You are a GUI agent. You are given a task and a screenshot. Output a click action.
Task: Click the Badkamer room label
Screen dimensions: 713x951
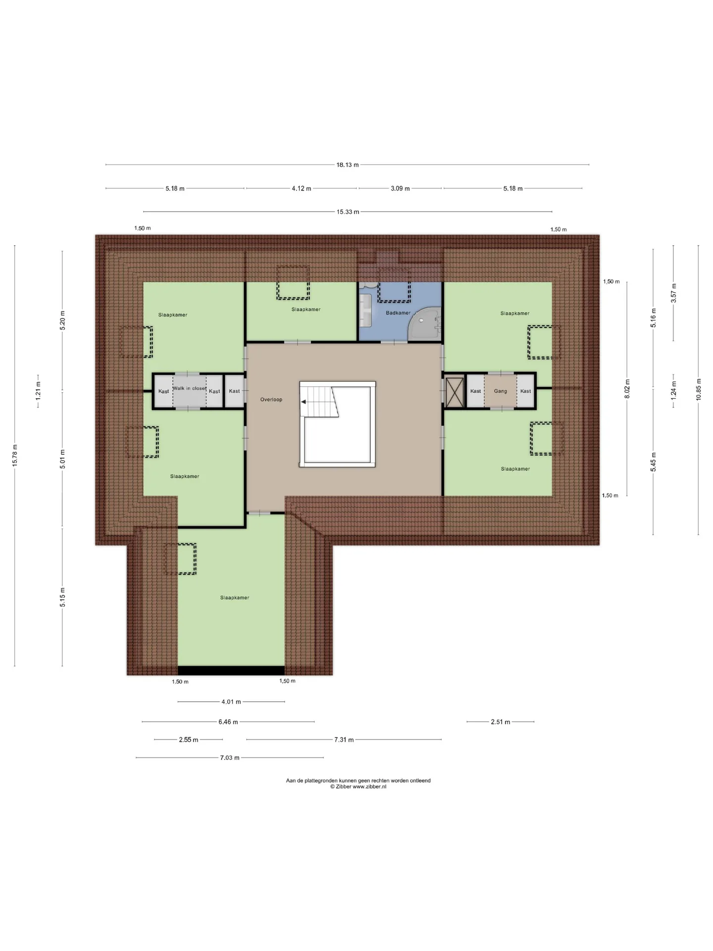click(x=398, y=313)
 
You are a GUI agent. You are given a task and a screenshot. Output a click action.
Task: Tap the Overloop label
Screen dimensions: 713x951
click(x=271, y=399)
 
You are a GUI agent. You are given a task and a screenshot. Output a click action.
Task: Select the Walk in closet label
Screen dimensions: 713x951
click(x=189, y=388)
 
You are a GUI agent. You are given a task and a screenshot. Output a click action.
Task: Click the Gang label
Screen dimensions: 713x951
click(x=500, y=391)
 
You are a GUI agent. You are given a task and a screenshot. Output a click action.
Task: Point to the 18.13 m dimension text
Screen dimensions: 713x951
click(x=348, y=164)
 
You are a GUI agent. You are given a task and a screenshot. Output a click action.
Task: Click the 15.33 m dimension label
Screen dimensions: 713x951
click(x=348, y=212)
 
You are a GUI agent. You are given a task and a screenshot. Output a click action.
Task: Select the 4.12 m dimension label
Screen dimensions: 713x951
click(x=302, y=189)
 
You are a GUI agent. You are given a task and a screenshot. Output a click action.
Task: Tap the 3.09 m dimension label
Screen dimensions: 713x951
click(x=400, y=189)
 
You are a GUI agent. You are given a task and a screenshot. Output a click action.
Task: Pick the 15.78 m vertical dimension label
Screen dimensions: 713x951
click(x=15, y=455)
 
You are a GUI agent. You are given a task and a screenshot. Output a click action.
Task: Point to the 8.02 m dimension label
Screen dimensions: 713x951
click(x=627, y=388)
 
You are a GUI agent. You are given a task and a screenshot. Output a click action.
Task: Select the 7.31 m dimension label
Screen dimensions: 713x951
click(x=344, y=740)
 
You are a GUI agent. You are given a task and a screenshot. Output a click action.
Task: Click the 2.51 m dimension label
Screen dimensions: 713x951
click(x=500, y=722)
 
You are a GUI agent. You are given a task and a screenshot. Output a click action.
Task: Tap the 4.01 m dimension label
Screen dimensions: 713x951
click(x=231, y=702)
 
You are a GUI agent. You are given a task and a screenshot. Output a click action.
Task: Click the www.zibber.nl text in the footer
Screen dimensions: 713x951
click(x=369, y=787)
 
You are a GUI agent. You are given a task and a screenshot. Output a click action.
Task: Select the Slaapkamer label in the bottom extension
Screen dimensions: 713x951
click(x=235, y=598)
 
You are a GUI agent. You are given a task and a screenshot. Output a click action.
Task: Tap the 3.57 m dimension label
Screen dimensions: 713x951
click(x=673, y=293)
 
